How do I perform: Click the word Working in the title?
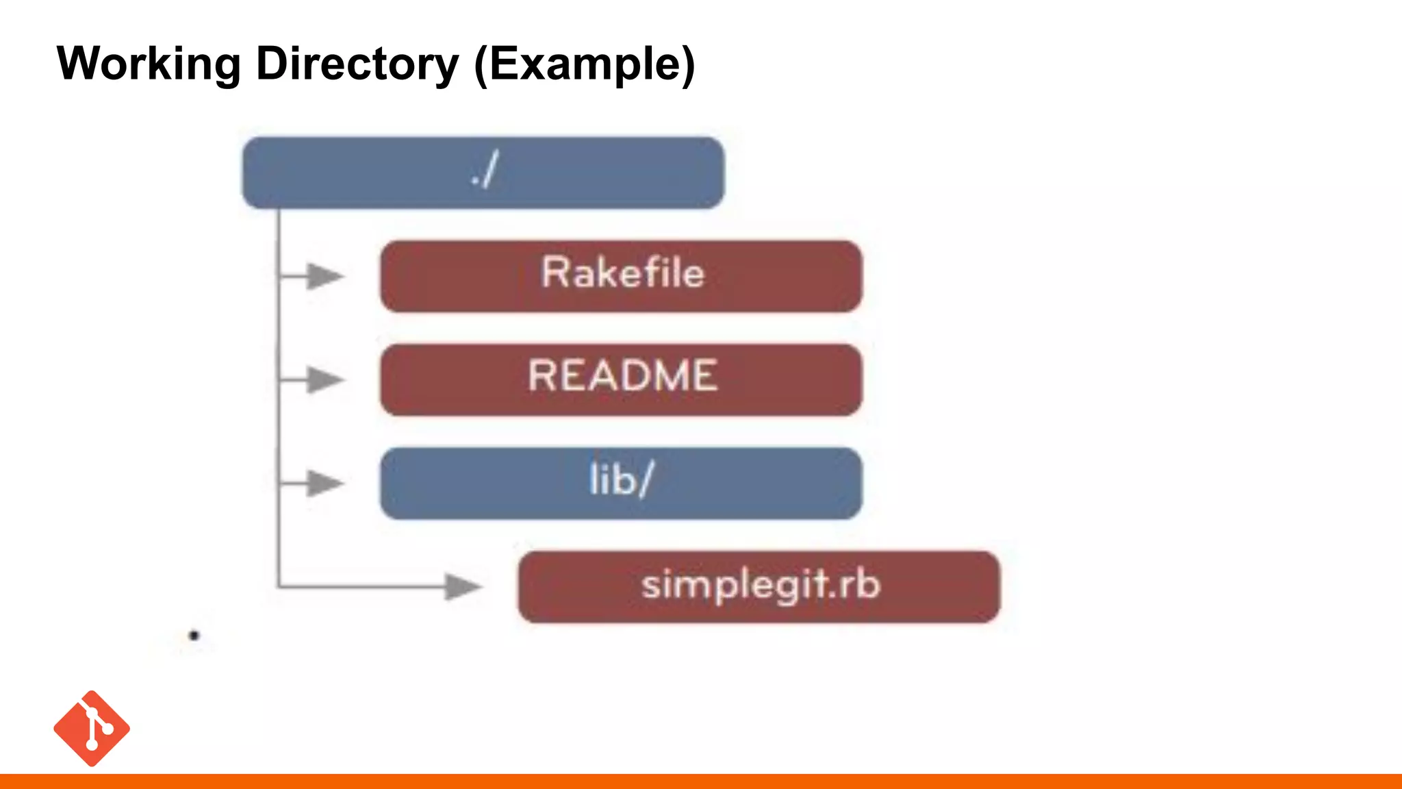click(x=148, y=64)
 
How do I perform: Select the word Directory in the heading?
click(x=357, y=64)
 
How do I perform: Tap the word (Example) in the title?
click(x=584, y=64)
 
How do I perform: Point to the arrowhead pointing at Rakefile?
click(x=324, y=276)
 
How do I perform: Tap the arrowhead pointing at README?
click(x=324, y=379)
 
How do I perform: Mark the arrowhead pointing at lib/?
click(x=324, y=483)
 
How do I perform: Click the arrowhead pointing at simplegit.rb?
click(x=463, y=586)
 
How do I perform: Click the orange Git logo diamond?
click(x=92, y=728)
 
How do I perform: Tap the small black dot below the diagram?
click(x=194, y=636)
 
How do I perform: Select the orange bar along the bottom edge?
click(x=701, y=781)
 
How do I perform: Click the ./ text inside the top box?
click(x=485, y=171)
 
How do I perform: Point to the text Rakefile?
click(x=622, y=273)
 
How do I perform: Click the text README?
click(x=622, y=375)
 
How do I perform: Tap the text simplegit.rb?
click(x=760, y=585)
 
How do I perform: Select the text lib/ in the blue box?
click(x=621, y=479)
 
